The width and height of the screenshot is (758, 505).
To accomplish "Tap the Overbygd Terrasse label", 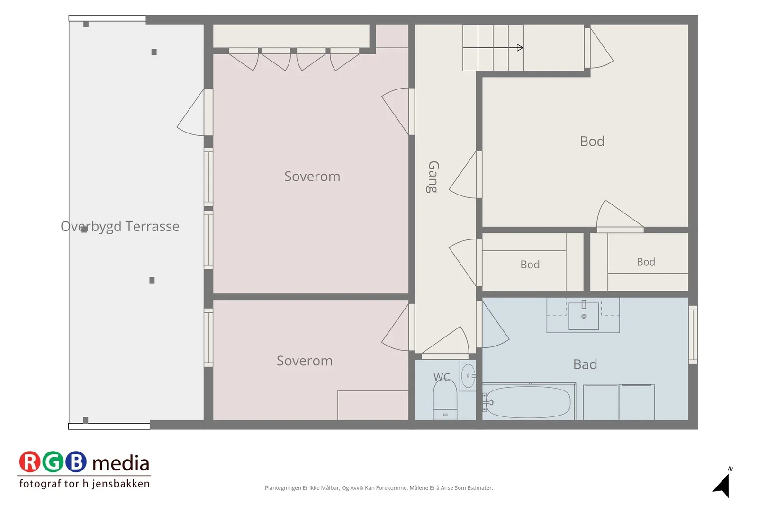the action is [120, 227].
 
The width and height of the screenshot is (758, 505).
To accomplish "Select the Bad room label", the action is [585, 364].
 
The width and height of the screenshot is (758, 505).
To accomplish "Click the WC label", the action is [442, 377].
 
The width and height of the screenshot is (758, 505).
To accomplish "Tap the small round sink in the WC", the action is [469, 375].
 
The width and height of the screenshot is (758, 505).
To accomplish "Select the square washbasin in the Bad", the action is [584, 316].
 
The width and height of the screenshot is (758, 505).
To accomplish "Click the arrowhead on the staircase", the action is [520, 48].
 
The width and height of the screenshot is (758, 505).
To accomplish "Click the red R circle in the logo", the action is [29, 461].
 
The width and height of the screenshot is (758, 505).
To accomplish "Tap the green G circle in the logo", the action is [53, 461].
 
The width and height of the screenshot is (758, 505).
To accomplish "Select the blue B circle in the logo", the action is [76, 461].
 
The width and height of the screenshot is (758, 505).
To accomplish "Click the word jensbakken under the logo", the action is [121, 484].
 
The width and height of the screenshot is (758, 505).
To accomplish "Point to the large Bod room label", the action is [592, 142].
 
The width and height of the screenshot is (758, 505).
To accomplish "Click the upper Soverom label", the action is [312, 177].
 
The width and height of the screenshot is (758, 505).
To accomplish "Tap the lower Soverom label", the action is [305, 361].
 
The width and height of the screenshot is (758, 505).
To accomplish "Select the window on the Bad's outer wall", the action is [693, 335].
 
